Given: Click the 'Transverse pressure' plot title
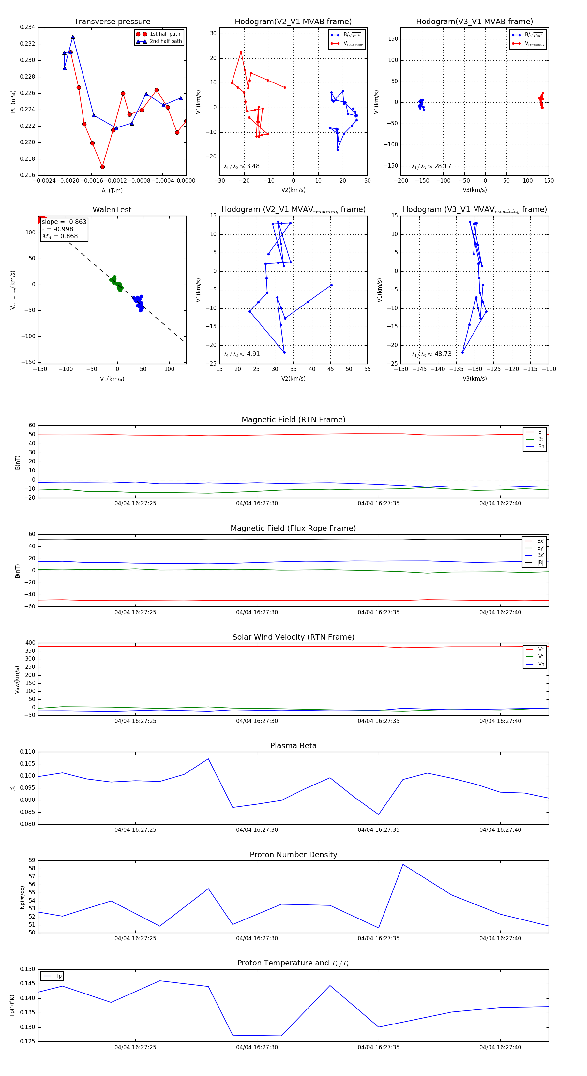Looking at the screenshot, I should [112, 22].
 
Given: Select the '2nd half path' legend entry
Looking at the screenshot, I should [165, 41].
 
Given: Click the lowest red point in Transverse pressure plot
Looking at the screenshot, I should [102, 167].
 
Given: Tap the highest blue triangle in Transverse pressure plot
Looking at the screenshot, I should [73, 37].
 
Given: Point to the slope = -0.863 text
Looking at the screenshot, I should [64, 222].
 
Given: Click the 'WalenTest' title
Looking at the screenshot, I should [112, 210].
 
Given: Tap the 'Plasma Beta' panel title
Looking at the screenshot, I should [293, 746].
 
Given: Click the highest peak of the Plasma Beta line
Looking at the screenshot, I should [208, 759].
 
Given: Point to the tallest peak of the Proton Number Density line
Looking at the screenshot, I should [403, 864].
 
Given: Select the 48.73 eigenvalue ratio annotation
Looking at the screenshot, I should [443, 354].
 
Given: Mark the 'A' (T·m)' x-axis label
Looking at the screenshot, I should [112, 190].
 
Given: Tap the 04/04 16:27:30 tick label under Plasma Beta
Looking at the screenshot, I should [257, 829].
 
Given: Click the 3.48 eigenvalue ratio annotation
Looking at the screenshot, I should [253, 166].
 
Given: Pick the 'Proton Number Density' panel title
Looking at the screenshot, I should [293, 854].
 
